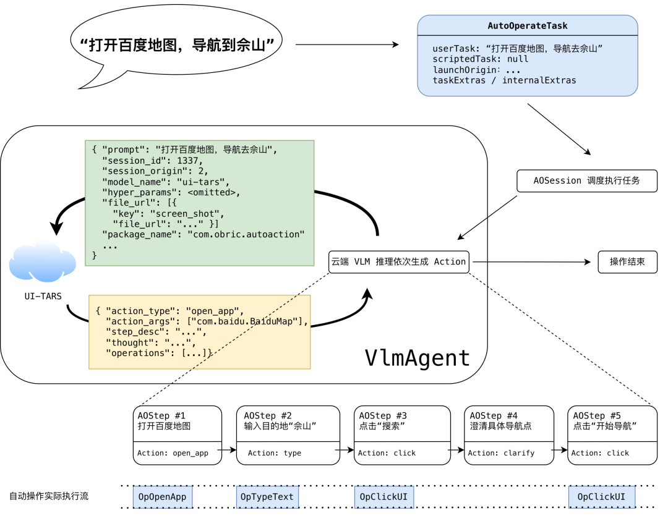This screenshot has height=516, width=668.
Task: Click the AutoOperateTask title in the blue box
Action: click(527, 26)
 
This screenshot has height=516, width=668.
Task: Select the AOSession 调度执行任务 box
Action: click(586, 181)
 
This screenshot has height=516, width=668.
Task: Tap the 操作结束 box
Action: click(627, 262)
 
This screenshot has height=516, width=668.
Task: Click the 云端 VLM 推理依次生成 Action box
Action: click(398, 262)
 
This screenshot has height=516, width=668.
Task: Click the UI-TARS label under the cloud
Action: click(43, 297)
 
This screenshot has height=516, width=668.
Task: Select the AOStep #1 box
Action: click(177, 435)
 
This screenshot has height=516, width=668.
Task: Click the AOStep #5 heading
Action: click(597, 416)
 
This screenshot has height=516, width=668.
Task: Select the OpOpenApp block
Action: click(163, 497)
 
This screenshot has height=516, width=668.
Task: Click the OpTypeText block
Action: click(267, 497)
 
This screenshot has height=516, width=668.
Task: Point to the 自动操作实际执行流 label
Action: click(49, 496)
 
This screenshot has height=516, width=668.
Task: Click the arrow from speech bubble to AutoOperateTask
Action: click(346, 44)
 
